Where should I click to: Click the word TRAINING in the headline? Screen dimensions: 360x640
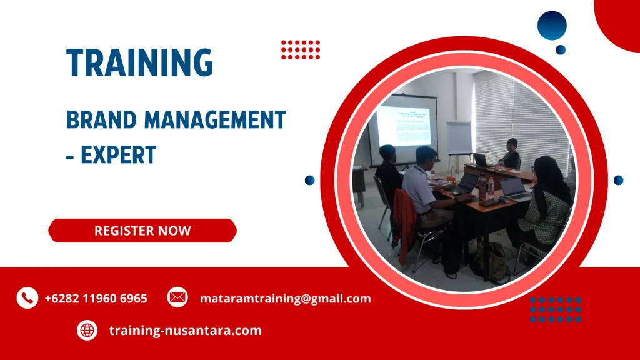pos(140,63)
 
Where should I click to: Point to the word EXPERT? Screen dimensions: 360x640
pos(118,154)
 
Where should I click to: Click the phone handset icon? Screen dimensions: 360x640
pos(27,298)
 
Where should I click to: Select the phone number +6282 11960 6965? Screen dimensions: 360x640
pos(96,299)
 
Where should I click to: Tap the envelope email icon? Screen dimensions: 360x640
pos(177,298)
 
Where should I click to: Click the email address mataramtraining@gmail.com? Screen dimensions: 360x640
pos(285,299)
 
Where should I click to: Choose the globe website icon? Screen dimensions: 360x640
pos(87,330)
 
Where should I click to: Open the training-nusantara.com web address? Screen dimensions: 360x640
pos(185,331)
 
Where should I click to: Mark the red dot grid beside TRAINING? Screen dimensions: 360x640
pos(301,49)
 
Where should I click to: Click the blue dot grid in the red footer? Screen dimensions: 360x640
pos(556,309)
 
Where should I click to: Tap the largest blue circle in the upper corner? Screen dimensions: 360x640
pos(552,26)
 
